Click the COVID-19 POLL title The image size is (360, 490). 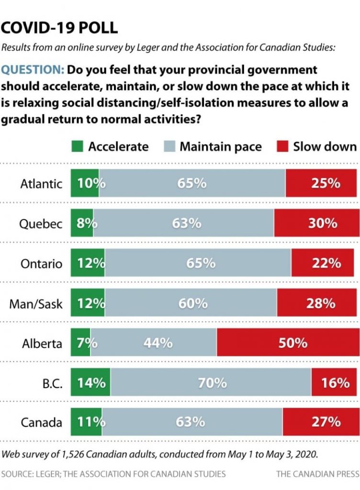[x=59, y=28]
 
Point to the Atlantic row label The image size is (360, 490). [x=41, y=184]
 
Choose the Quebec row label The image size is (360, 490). [x=42, y=223]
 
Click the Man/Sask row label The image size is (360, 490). [x=36, y=303]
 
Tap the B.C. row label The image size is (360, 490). [x=50, y=382]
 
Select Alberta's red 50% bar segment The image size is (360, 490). [x=288, y=343]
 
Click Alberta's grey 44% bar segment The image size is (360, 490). [x=153, y=343]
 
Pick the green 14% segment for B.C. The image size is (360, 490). [x=90, y=382]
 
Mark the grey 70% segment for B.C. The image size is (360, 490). [x=211, y=382]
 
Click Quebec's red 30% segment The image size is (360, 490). [x=316, y=223]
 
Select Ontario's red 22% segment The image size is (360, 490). [x=325, y=263]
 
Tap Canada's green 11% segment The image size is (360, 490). [x=86, y=422]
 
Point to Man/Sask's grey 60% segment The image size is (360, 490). [x=191, y=303]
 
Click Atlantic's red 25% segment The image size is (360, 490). [x=322, y=184]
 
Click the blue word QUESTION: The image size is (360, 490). [x=33, y=70]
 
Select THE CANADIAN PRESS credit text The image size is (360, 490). [x=317, y=474]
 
